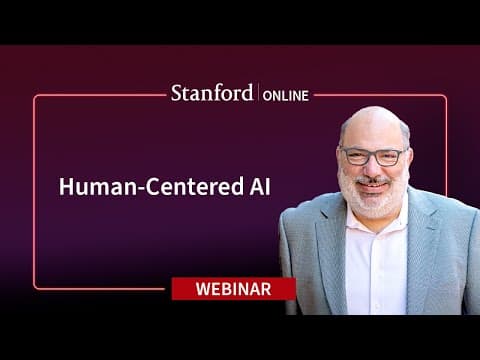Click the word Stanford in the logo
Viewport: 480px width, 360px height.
pyautogui.click(x=213, y=94)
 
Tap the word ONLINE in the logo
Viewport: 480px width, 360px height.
pyautogui.click(x=287, y=95)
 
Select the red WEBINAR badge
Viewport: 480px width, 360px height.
pyautogui.click(x=233, y=289)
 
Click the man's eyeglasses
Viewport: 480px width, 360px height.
pyautogui.click(x=373, y=156)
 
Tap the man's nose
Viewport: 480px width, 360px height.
pyautogui.click(x=372, y=167)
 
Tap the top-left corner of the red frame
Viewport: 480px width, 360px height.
pyautogui.click(x=35, y=97)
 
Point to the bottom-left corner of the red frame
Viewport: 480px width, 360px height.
pyautogui.click(x=35, y=288)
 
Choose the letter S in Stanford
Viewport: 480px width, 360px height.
pyautogui.click(x=175, y=94)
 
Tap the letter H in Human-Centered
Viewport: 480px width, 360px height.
pyautogui.click(x=64, y=188)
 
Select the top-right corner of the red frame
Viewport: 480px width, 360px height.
pyautogui.click(x=445, y=97)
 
